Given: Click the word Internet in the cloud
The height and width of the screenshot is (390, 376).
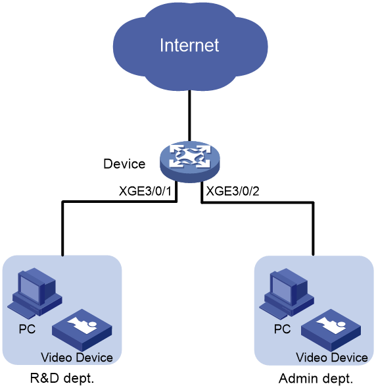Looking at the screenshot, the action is (x=189, y=45).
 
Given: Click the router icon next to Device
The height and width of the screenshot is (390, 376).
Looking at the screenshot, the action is (x=190, y=161).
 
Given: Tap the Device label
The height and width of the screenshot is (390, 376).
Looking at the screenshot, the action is (x=124, y=164).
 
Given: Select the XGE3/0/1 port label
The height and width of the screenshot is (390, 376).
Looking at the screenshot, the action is (x=145, y=191).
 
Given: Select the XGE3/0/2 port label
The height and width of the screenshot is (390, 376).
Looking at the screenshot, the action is (x=233, y=191).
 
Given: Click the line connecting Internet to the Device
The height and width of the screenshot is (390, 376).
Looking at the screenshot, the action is (x=189, y=116).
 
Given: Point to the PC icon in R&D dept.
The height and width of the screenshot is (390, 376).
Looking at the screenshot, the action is (x=34, y=292).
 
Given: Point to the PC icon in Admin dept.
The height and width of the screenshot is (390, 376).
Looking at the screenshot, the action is (x=287, y=292).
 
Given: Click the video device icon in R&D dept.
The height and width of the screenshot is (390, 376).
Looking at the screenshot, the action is (x=82, y=330).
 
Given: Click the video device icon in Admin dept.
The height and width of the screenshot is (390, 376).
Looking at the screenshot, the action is (x=331, y=330).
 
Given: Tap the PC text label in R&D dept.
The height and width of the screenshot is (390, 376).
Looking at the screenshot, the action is (x=28, y=329).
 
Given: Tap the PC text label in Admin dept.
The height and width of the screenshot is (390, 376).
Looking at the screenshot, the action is (x=282, y=329).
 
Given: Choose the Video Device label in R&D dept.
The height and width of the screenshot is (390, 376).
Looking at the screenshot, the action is (x=77, y=358).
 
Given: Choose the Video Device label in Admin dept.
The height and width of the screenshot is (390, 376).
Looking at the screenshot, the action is (x=332, y=358).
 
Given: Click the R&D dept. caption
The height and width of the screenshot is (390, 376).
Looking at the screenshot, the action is (x=62, y=378).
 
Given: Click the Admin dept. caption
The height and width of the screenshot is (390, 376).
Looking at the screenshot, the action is (x=316, y=379).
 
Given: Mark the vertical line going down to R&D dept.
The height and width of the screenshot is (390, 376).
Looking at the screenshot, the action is (x=62, y=229).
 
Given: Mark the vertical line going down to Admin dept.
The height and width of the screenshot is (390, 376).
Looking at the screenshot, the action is (x=313, y=229).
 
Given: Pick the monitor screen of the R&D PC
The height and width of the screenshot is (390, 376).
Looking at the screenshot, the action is (x=30, y=289).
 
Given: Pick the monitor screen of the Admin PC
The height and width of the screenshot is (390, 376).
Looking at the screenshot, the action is (x=282, y=289).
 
